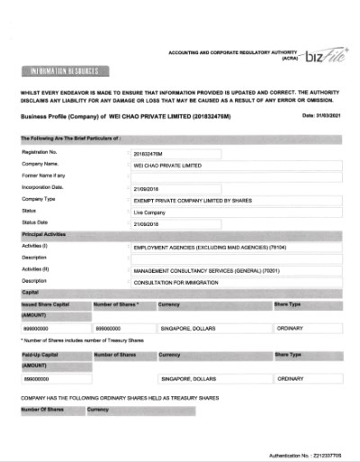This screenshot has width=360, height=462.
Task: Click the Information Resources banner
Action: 62,71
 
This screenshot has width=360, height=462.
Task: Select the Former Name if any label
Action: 49,176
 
